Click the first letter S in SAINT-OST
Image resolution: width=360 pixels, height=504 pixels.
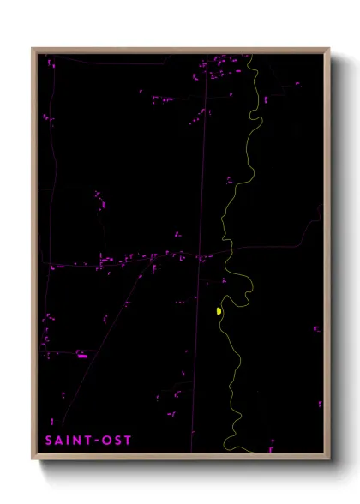coord(50,441)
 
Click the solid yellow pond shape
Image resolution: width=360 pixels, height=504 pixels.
coord(219,310)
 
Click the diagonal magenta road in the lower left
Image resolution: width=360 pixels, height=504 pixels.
coord(103,343)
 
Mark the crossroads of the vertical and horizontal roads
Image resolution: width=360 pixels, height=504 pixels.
coord(201,257)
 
